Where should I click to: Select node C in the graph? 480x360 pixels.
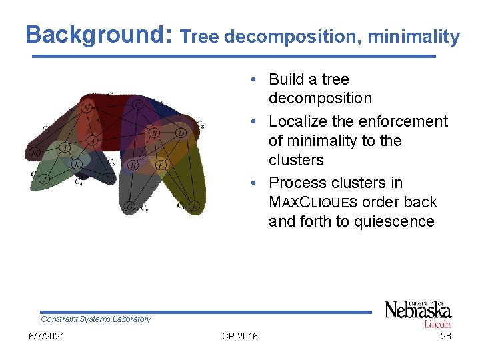pyautogui.click(x=137, y=105)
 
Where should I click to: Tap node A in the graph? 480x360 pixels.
pyautogui.click(x=93, y=140)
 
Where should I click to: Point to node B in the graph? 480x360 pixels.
pyautogui.click(x=154, y=133)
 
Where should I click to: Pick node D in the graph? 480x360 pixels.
pyautogui.click(x=181, y=133)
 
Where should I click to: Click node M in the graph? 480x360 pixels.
pyautogui.click(x=34, y=153)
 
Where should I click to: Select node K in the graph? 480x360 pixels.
pyautogui.click(x=77, y=164)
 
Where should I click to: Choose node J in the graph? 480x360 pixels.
pyautogui.click(x=44, y=179)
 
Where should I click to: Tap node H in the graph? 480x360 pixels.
pyautogui.click(x=133, y=165)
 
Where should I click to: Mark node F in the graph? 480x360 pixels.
pyautogui.click(x=161, y=163)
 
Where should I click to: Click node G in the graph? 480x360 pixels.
pyautogui.click(x=130, y=207)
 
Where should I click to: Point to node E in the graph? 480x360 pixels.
pyautogui.click(x=193, y=207)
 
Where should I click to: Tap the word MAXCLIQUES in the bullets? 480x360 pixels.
pyautogui.click(x=313, y=203)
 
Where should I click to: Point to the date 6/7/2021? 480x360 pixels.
pyautogui.click(x=48, y=336)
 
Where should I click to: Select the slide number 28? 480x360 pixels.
pyautogui.click(x=446, y=336)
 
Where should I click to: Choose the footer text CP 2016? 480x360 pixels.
pyautogui.click(x=239, y=336)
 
